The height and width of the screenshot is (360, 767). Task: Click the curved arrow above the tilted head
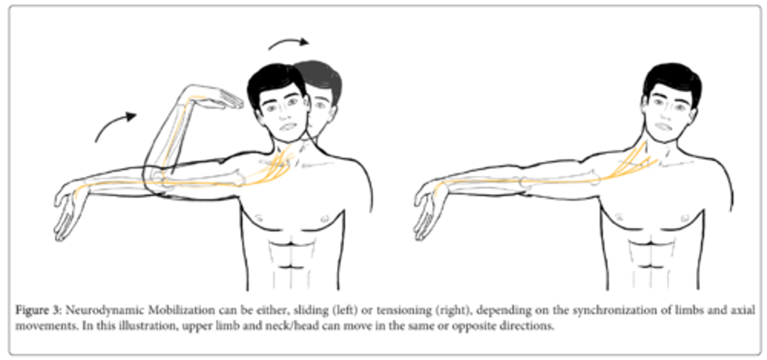pos(288,43)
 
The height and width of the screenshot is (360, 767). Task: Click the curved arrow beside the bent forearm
pos(115,126)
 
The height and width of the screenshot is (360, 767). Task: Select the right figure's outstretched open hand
pos(428,211)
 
